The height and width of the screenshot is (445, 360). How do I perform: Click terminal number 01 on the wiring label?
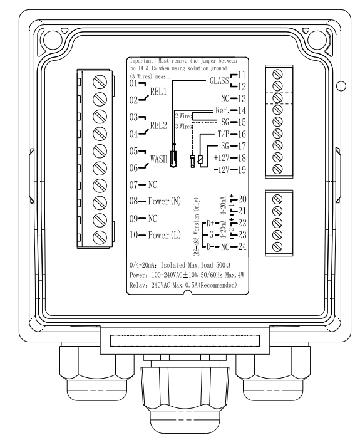133,83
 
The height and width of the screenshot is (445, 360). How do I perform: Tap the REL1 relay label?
158,92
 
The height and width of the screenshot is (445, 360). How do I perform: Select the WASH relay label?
159,159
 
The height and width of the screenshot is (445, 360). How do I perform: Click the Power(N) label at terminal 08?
165,201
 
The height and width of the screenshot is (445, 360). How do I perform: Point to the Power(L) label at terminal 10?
165,235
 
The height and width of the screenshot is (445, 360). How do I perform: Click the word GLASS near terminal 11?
219,81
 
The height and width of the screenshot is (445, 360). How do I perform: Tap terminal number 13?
242,98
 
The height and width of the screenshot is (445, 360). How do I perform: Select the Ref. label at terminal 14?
222,110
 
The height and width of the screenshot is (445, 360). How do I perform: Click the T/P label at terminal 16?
223,134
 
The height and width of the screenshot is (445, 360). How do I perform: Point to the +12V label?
222,158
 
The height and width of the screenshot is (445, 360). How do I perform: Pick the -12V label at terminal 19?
222,170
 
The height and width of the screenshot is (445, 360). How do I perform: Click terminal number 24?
242,246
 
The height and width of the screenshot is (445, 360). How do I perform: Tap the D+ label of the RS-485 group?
210,223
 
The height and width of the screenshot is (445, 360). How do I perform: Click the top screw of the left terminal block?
100,81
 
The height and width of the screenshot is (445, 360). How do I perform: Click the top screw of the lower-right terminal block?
277,199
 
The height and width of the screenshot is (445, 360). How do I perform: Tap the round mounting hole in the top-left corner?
53,39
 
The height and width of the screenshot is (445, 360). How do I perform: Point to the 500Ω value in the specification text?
223,265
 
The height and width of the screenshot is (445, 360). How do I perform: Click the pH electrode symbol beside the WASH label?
173,159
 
